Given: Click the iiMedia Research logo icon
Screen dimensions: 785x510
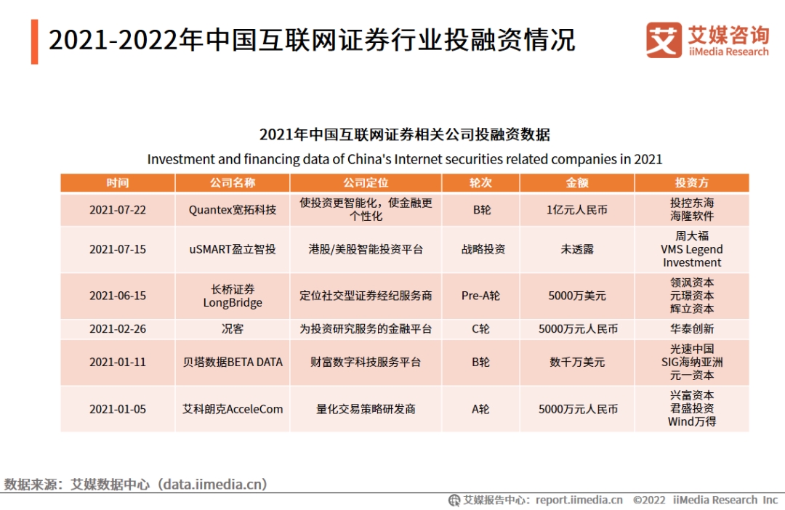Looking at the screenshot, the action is [664, 40].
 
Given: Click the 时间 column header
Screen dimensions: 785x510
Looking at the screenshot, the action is [118, 182].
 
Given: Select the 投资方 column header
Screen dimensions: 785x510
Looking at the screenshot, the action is [691, 182].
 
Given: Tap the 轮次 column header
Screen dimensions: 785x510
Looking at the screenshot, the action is [480, 182].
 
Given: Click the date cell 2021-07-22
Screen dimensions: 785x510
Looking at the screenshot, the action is [118, 210].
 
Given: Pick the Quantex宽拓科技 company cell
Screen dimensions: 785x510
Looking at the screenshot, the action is [233, 210].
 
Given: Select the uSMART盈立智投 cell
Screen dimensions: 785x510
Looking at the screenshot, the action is [233, 249].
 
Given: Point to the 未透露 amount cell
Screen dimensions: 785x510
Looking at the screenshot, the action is [576, 249].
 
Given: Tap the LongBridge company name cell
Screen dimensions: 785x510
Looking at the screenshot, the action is [233, 296].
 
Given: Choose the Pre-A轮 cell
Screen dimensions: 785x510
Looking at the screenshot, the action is [480, 296].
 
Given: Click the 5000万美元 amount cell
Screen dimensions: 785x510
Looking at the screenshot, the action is [576, 296].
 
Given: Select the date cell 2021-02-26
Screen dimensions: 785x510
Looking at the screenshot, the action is [118, 329].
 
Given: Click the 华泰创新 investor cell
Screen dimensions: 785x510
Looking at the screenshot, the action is [691, 329].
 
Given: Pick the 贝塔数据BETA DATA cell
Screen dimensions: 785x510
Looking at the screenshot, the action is [233, 362].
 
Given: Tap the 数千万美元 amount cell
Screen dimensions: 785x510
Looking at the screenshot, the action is [576, 362].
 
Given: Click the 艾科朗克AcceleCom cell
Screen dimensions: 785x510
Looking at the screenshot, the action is [233, 409].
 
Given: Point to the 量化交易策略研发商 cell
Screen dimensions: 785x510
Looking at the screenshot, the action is [366, 409].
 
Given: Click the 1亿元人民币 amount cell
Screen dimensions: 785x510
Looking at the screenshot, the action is [576, 210].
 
